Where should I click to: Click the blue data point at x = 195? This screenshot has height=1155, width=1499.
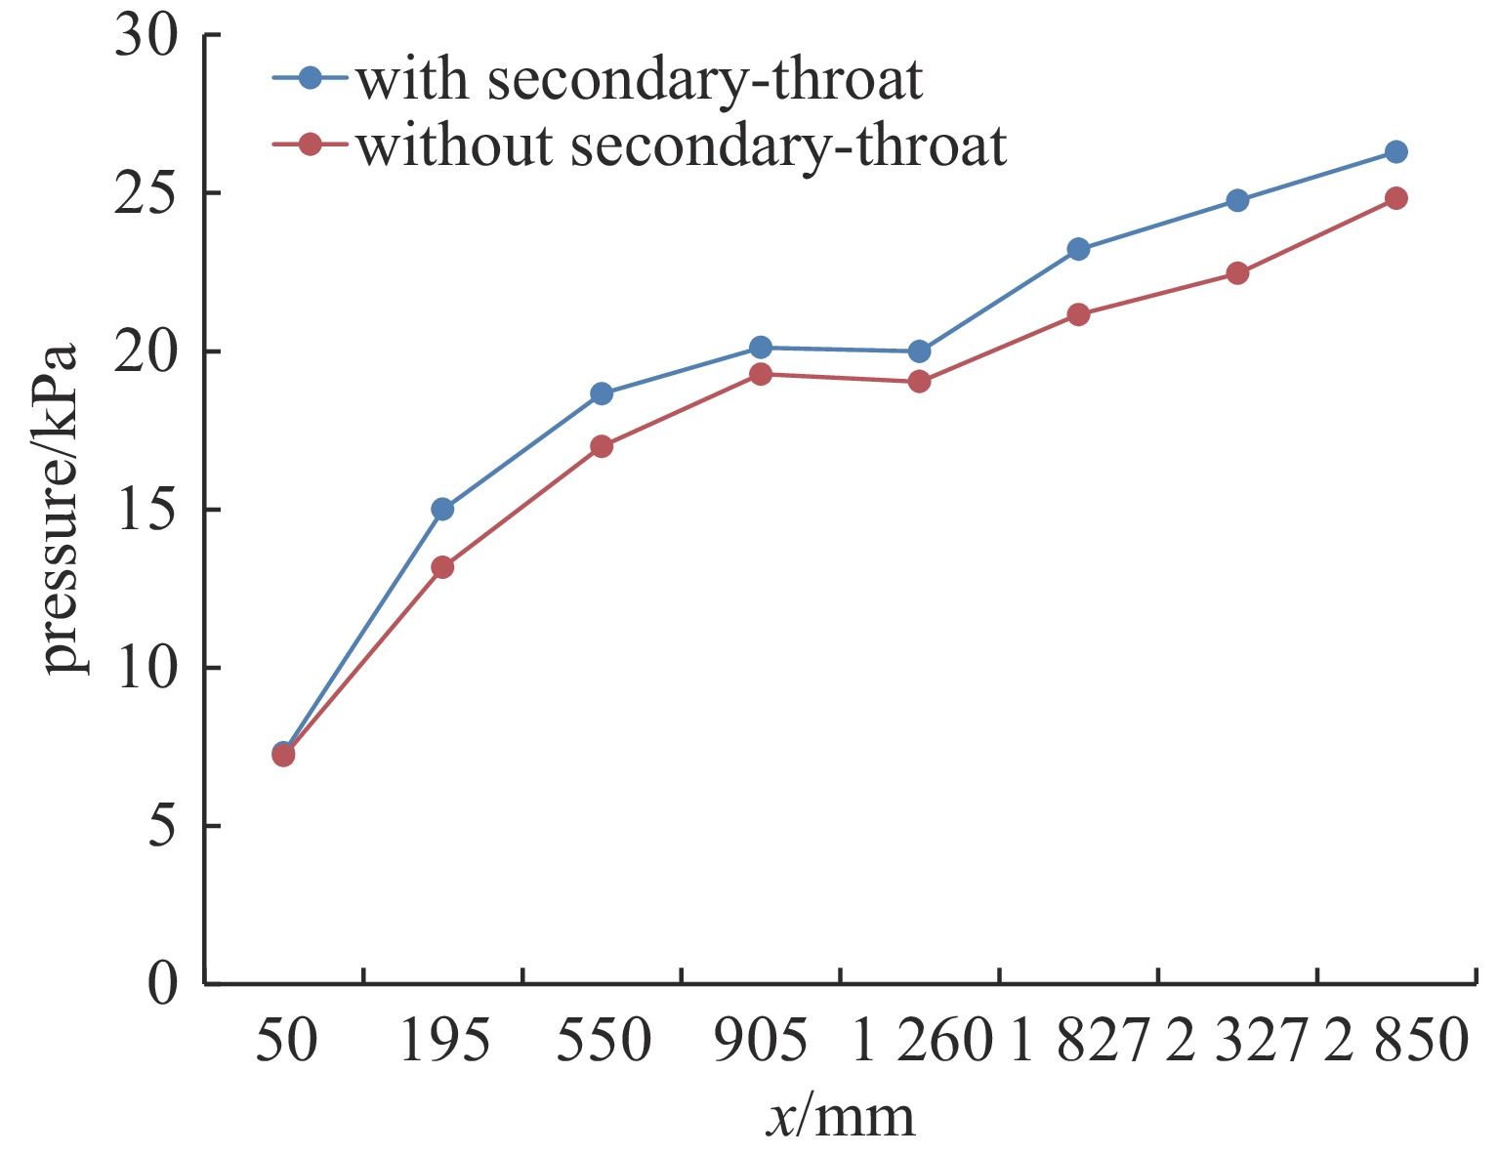click(x=442, y=509)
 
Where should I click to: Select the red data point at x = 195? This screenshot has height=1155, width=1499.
click(x=442, y=567)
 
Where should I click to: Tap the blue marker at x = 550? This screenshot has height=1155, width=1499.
click(x=602, y=393)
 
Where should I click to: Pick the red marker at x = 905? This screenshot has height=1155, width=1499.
click(x=761, y=374)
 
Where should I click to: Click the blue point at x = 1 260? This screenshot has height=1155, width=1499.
click(x=919, y=351)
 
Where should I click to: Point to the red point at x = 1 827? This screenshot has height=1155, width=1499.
click(x=1078, y=314)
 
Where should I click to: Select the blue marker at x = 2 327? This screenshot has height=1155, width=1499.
click(x=1237, y=200)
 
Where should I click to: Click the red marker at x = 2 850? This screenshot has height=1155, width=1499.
click(x=1396, y=198)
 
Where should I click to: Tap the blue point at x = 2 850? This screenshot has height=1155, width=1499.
click(x=1396, y=152)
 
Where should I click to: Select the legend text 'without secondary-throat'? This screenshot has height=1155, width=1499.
click(x=681, y=146)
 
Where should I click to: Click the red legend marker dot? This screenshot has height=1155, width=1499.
click(x=311, y=145)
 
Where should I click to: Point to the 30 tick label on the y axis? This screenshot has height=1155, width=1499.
click(x=147, y=36)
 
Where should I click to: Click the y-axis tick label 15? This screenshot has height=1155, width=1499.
click(x=147, y=510)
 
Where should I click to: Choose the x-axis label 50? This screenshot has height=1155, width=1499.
click(x=286, y=1041)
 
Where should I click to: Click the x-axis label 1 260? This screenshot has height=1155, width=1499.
click(x=922, y=1041)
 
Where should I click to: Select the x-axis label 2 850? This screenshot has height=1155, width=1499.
click(x=1396, y=1041)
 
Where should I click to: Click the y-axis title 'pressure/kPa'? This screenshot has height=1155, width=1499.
click(x=61, y=509)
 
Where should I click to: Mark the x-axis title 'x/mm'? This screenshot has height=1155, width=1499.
click(x=840, y=1115)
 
